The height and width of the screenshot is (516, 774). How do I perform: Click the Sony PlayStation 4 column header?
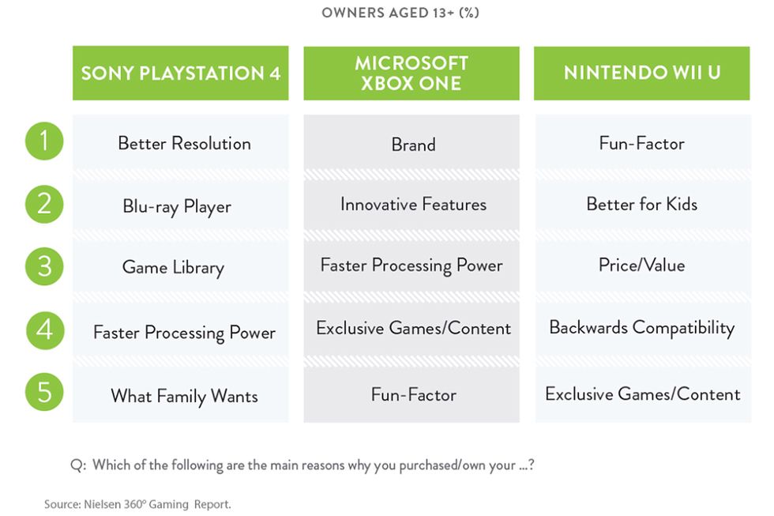click(x=181, y=73)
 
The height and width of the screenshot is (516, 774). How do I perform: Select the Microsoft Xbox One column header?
click(x=411, y=73)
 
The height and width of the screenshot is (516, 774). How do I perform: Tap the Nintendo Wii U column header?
click(x=641, y=73)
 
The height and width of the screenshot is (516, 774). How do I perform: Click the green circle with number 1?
click(x=44, y=141)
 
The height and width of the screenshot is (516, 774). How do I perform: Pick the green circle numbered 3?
click(x=44, y=266)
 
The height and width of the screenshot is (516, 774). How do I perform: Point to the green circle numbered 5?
click(x=44, y=392)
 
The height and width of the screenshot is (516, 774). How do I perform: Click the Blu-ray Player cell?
click(x=181, y=205)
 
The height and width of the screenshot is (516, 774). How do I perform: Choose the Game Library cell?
click(x=181, y=266)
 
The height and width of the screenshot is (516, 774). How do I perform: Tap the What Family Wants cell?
click(x=181, y=394)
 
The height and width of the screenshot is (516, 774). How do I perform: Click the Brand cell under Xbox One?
click(x=411, y=143)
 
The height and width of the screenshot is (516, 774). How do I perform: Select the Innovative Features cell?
click(x=411, y=205)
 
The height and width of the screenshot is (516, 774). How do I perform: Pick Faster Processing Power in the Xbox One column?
click(x=411, y=266)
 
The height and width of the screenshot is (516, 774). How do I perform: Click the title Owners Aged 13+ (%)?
click(x=400, y=13)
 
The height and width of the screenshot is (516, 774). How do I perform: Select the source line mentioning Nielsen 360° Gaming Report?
click(x=137, y=504)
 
